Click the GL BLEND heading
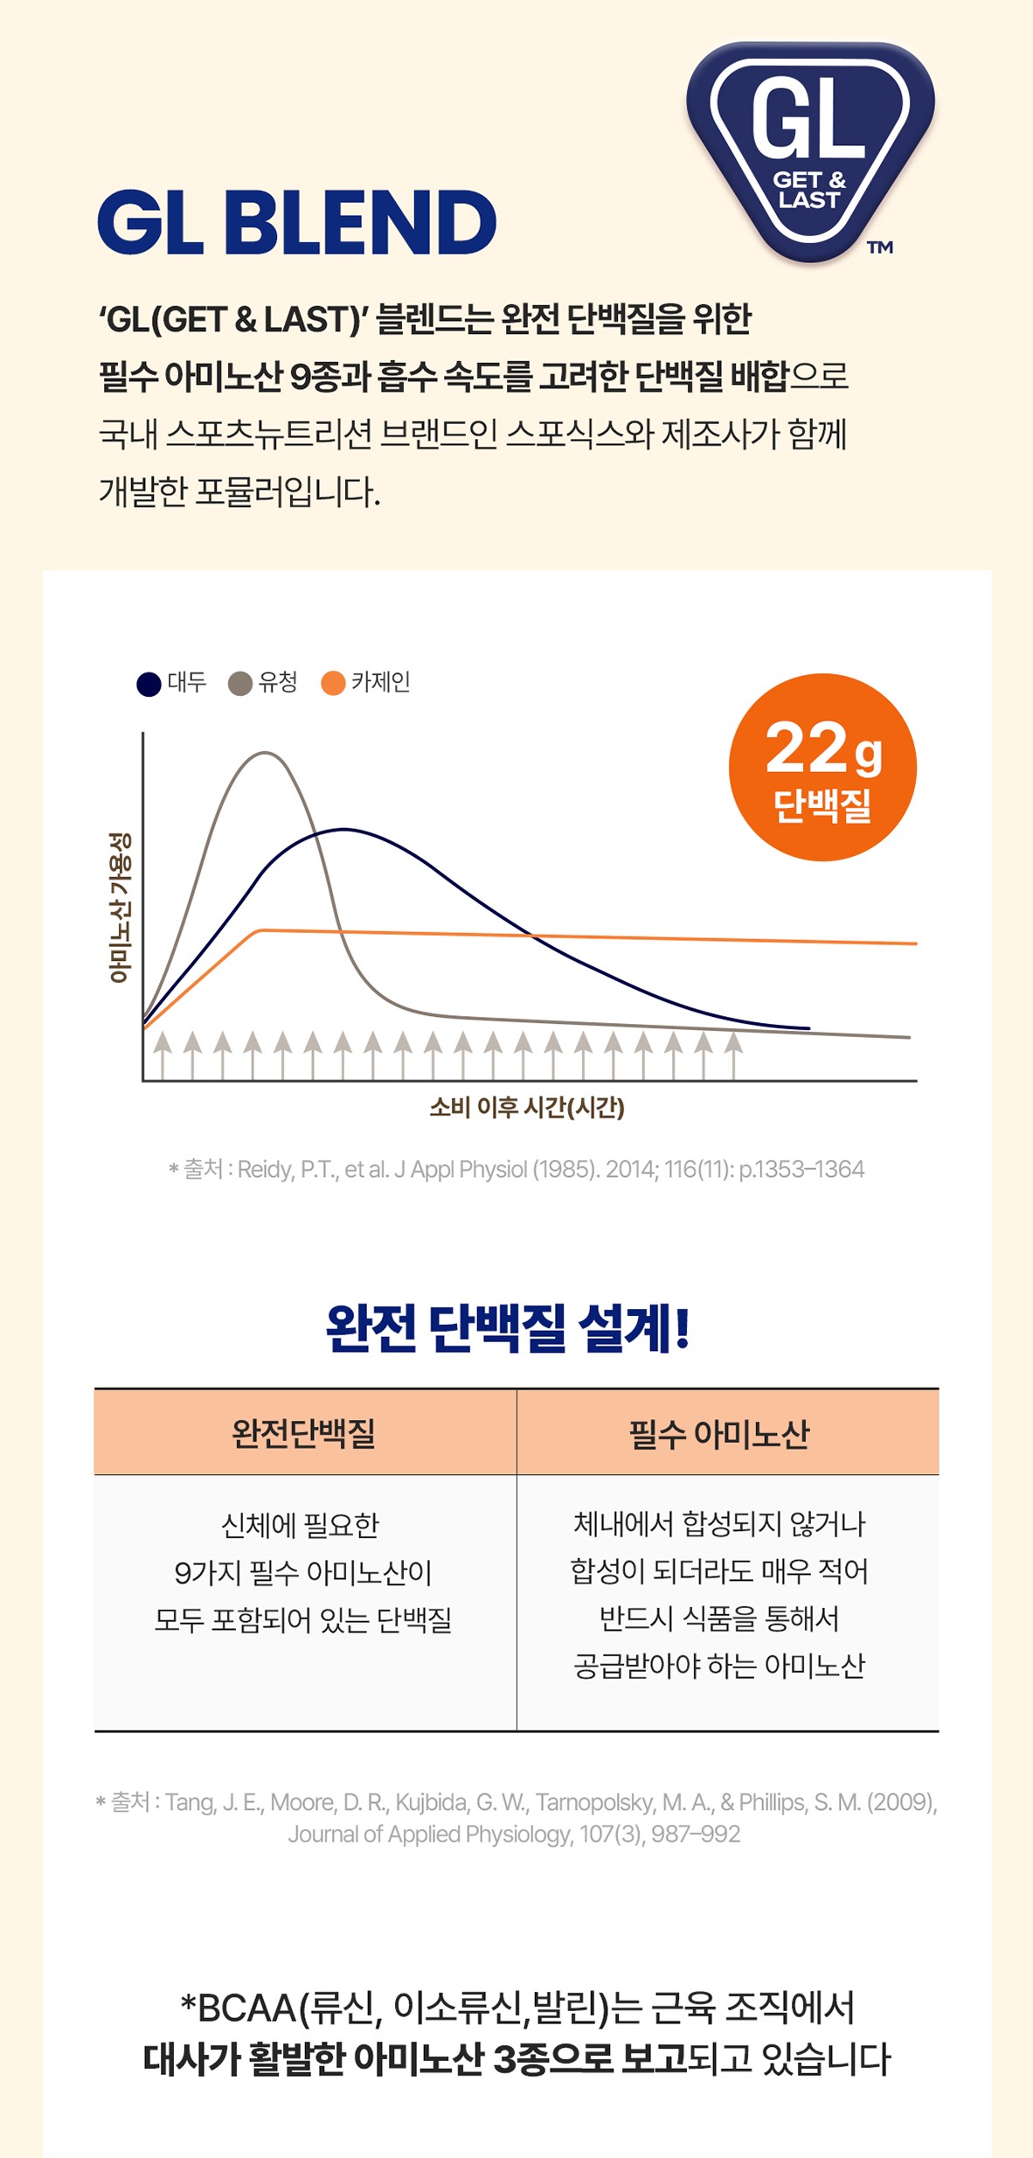[297, 222]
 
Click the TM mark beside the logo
[880, 247]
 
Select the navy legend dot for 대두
[149, 684]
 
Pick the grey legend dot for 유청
[240, 684]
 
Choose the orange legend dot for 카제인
[333, 684]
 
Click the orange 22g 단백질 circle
[822, 767]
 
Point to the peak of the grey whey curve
[265, 753]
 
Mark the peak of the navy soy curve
[344, 829]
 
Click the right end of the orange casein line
[916, 943]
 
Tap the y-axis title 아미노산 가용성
[120, 907]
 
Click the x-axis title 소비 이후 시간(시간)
[527, 1108]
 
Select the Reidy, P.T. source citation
[516, 1169]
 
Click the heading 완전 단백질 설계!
[508, 1328]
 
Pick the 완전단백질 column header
[303, 1433]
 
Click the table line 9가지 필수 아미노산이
[303, 1572]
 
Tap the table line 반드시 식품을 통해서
[719, 1618]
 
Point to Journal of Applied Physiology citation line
[514, 1834]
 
